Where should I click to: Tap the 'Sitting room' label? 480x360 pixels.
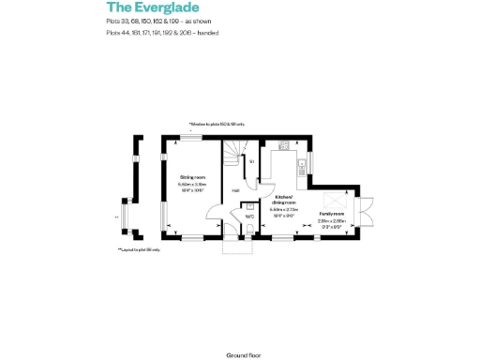[x=193, y=176]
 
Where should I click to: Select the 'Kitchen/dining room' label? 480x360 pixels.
[x=285, y=200]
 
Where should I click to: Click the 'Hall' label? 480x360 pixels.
[x=235, y=190]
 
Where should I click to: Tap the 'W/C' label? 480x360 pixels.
[x=249, y=217]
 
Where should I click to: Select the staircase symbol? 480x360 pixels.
[x=233, y=155]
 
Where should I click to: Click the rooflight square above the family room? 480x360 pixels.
[x=335, y=200]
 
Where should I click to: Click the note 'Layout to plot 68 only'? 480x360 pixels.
[x=140, y=249]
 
